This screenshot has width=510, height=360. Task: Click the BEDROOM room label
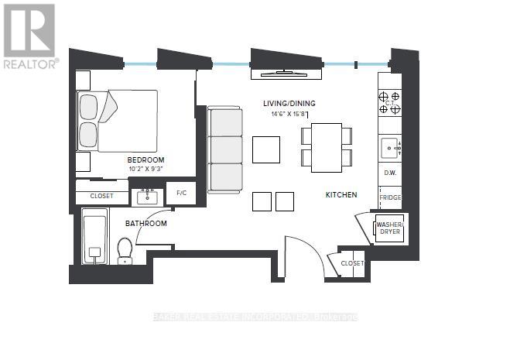tap(145, 159)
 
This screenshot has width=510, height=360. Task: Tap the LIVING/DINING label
tap(289, 103)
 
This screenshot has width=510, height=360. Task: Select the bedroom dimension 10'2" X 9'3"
tap(145, 169)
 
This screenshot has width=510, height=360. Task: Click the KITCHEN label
tap(341, 194)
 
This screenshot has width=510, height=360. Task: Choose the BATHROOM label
tap(146, 223)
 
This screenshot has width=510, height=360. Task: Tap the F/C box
tap(181, 193)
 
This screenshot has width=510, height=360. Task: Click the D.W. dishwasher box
tap(390, 173)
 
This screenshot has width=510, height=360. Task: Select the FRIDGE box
tap(390, 198)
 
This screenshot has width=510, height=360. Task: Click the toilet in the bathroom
tap(125, 250)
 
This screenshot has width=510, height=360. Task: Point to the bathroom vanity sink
tap(145, 197)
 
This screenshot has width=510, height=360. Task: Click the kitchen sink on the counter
tap(388, 146)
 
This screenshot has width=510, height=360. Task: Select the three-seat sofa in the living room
tap(225, 149)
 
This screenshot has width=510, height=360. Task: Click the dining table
tap(326, 147)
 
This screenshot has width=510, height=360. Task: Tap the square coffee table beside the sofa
tap(265, 149)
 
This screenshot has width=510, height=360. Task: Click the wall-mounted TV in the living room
tap(286, 74)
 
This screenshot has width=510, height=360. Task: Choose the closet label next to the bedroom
tap(101, 196)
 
